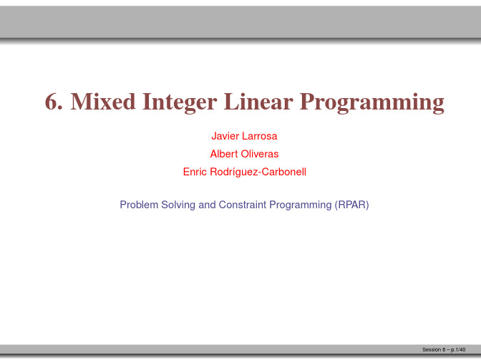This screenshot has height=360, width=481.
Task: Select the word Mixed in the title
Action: point(103,102)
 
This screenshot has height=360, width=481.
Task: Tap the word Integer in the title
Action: point(180,103)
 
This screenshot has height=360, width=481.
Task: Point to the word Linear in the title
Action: point(258,102)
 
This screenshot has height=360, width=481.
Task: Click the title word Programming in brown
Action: point(372,103)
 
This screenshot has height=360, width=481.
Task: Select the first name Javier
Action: point(225,136)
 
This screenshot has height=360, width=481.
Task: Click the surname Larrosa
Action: point(260,136)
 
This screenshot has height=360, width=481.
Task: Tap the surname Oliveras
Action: point(260,154)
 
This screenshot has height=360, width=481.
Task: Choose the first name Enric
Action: point(195,172)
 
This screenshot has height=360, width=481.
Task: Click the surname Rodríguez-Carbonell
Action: point(258,172)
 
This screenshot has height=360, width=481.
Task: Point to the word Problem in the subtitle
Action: point(139,205)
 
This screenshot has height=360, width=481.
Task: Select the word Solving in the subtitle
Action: point(178,205)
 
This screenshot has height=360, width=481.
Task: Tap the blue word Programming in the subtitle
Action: point(301,205)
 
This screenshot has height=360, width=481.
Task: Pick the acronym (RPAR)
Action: point(351,205)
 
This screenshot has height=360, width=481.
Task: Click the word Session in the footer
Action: point(432,349)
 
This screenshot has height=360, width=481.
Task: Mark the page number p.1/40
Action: point(458,350)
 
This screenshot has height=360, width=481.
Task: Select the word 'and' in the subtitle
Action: point(207,205)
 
